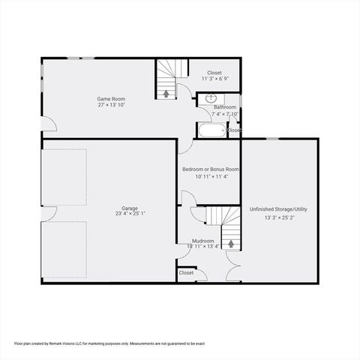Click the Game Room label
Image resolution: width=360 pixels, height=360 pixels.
(x=110, y=98)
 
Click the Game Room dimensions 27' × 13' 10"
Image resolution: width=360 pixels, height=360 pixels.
(x=110, y=104)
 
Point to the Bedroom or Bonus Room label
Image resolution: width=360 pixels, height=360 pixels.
(x=211, y=169)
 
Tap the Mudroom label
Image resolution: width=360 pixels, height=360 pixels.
(x=203, y=241)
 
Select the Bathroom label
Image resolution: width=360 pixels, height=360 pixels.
(x=224, y=107)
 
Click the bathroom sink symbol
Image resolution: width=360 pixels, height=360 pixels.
(x=211, y=97)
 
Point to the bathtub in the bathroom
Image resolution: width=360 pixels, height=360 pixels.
(x=210, y=132)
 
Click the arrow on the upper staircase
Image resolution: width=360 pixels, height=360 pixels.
(x=166, y=93)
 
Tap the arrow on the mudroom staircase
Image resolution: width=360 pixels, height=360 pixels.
(x=231, y=243)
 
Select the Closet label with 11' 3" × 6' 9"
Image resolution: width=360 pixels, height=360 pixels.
(x=214, y=73)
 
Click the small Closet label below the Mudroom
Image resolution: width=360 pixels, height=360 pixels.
(x=186, y=273)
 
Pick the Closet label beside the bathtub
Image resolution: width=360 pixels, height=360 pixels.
(x=234, y=130)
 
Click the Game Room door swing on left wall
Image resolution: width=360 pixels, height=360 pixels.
(x=48, y=124)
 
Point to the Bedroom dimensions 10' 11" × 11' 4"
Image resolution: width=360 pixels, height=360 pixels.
(x=211, y=177)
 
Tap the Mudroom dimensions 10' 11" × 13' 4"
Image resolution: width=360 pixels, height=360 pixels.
(x=203, y=246)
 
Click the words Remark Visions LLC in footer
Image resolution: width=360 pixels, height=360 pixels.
(x=67, y=343)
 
